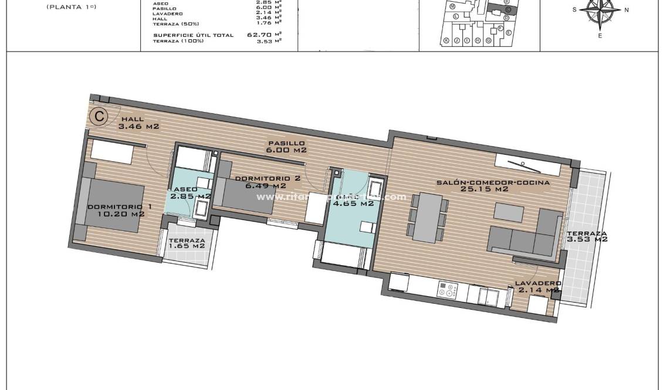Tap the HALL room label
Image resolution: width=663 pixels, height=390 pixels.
coord(133,119)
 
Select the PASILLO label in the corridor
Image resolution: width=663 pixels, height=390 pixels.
coord(286,143)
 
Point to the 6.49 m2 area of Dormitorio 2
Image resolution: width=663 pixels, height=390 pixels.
coord(266,186)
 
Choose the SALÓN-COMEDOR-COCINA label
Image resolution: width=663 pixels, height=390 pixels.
coord(493,182)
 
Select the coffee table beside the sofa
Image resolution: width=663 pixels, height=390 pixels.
coord(509,210)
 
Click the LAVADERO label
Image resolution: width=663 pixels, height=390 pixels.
coord(538,283)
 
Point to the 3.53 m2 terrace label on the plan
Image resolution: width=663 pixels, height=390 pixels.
coord(587,239)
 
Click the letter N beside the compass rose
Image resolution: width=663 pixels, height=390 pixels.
coord(627,10)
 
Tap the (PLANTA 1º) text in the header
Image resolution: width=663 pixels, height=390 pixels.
coord(71,7)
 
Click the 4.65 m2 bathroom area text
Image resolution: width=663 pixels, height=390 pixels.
coord(353,204)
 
